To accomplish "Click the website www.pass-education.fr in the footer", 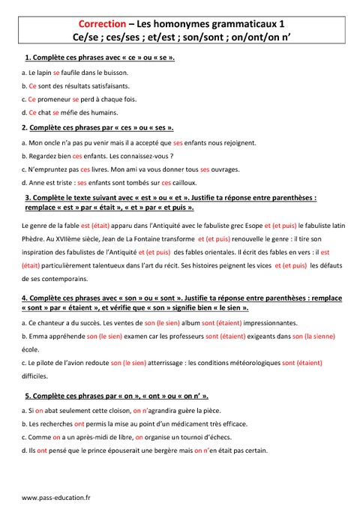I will pos(56,497).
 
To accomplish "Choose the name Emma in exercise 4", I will pos(36,337).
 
